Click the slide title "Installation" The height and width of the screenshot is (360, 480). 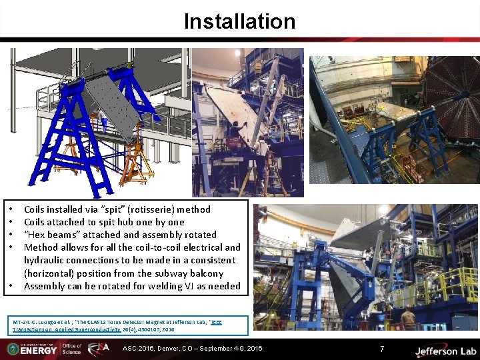point(239,21)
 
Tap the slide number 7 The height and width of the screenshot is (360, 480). point(382,349)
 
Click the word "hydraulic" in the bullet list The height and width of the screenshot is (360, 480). point(46,260)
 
